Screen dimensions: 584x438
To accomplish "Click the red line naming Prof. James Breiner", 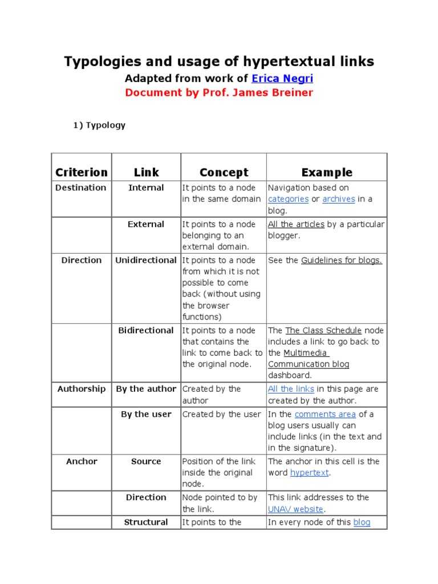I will tap(219, 93).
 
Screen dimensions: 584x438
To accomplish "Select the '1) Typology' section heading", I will tap(99, 125).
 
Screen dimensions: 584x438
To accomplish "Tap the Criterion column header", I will tap(82, 172).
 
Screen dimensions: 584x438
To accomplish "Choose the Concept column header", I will tap(224, 172).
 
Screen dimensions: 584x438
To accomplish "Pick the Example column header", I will tap(327, 172).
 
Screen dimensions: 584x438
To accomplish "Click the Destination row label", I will tap(81, 188).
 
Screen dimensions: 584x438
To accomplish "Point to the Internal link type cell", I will tap(146, 188).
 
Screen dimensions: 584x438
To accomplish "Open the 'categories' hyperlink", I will tap(289, 199).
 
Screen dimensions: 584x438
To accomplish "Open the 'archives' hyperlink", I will tap(339, 199).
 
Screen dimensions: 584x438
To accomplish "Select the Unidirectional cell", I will tap(146, 260).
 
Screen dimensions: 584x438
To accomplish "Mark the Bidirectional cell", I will tap(146, 330).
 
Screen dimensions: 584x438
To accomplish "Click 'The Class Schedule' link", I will tap(323, 330).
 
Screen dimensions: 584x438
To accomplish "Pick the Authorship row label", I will tap(82, 389).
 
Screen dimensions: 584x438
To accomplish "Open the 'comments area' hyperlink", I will tap(325, 414).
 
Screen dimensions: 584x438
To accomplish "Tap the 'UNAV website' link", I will tap(295, 509).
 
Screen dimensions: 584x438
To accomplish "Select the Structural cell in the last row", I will tap(146, 522).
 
